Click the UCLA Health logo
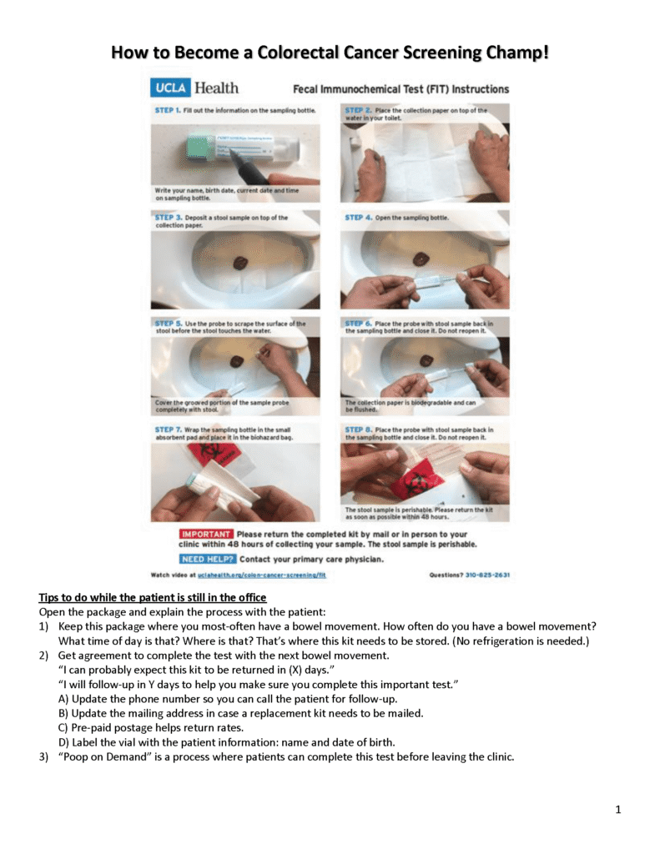[194, 88]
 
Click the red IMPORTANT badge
[205, 534]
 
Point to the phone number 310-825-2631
[488, 575]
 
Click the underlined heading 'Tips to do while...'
[153, 598]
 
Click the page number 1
[617, 809]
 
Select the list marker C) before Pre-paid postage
[63, 728]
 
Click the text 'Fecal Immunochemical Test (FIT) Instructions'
[401, 88]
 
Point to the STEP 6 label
[359, 323]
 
